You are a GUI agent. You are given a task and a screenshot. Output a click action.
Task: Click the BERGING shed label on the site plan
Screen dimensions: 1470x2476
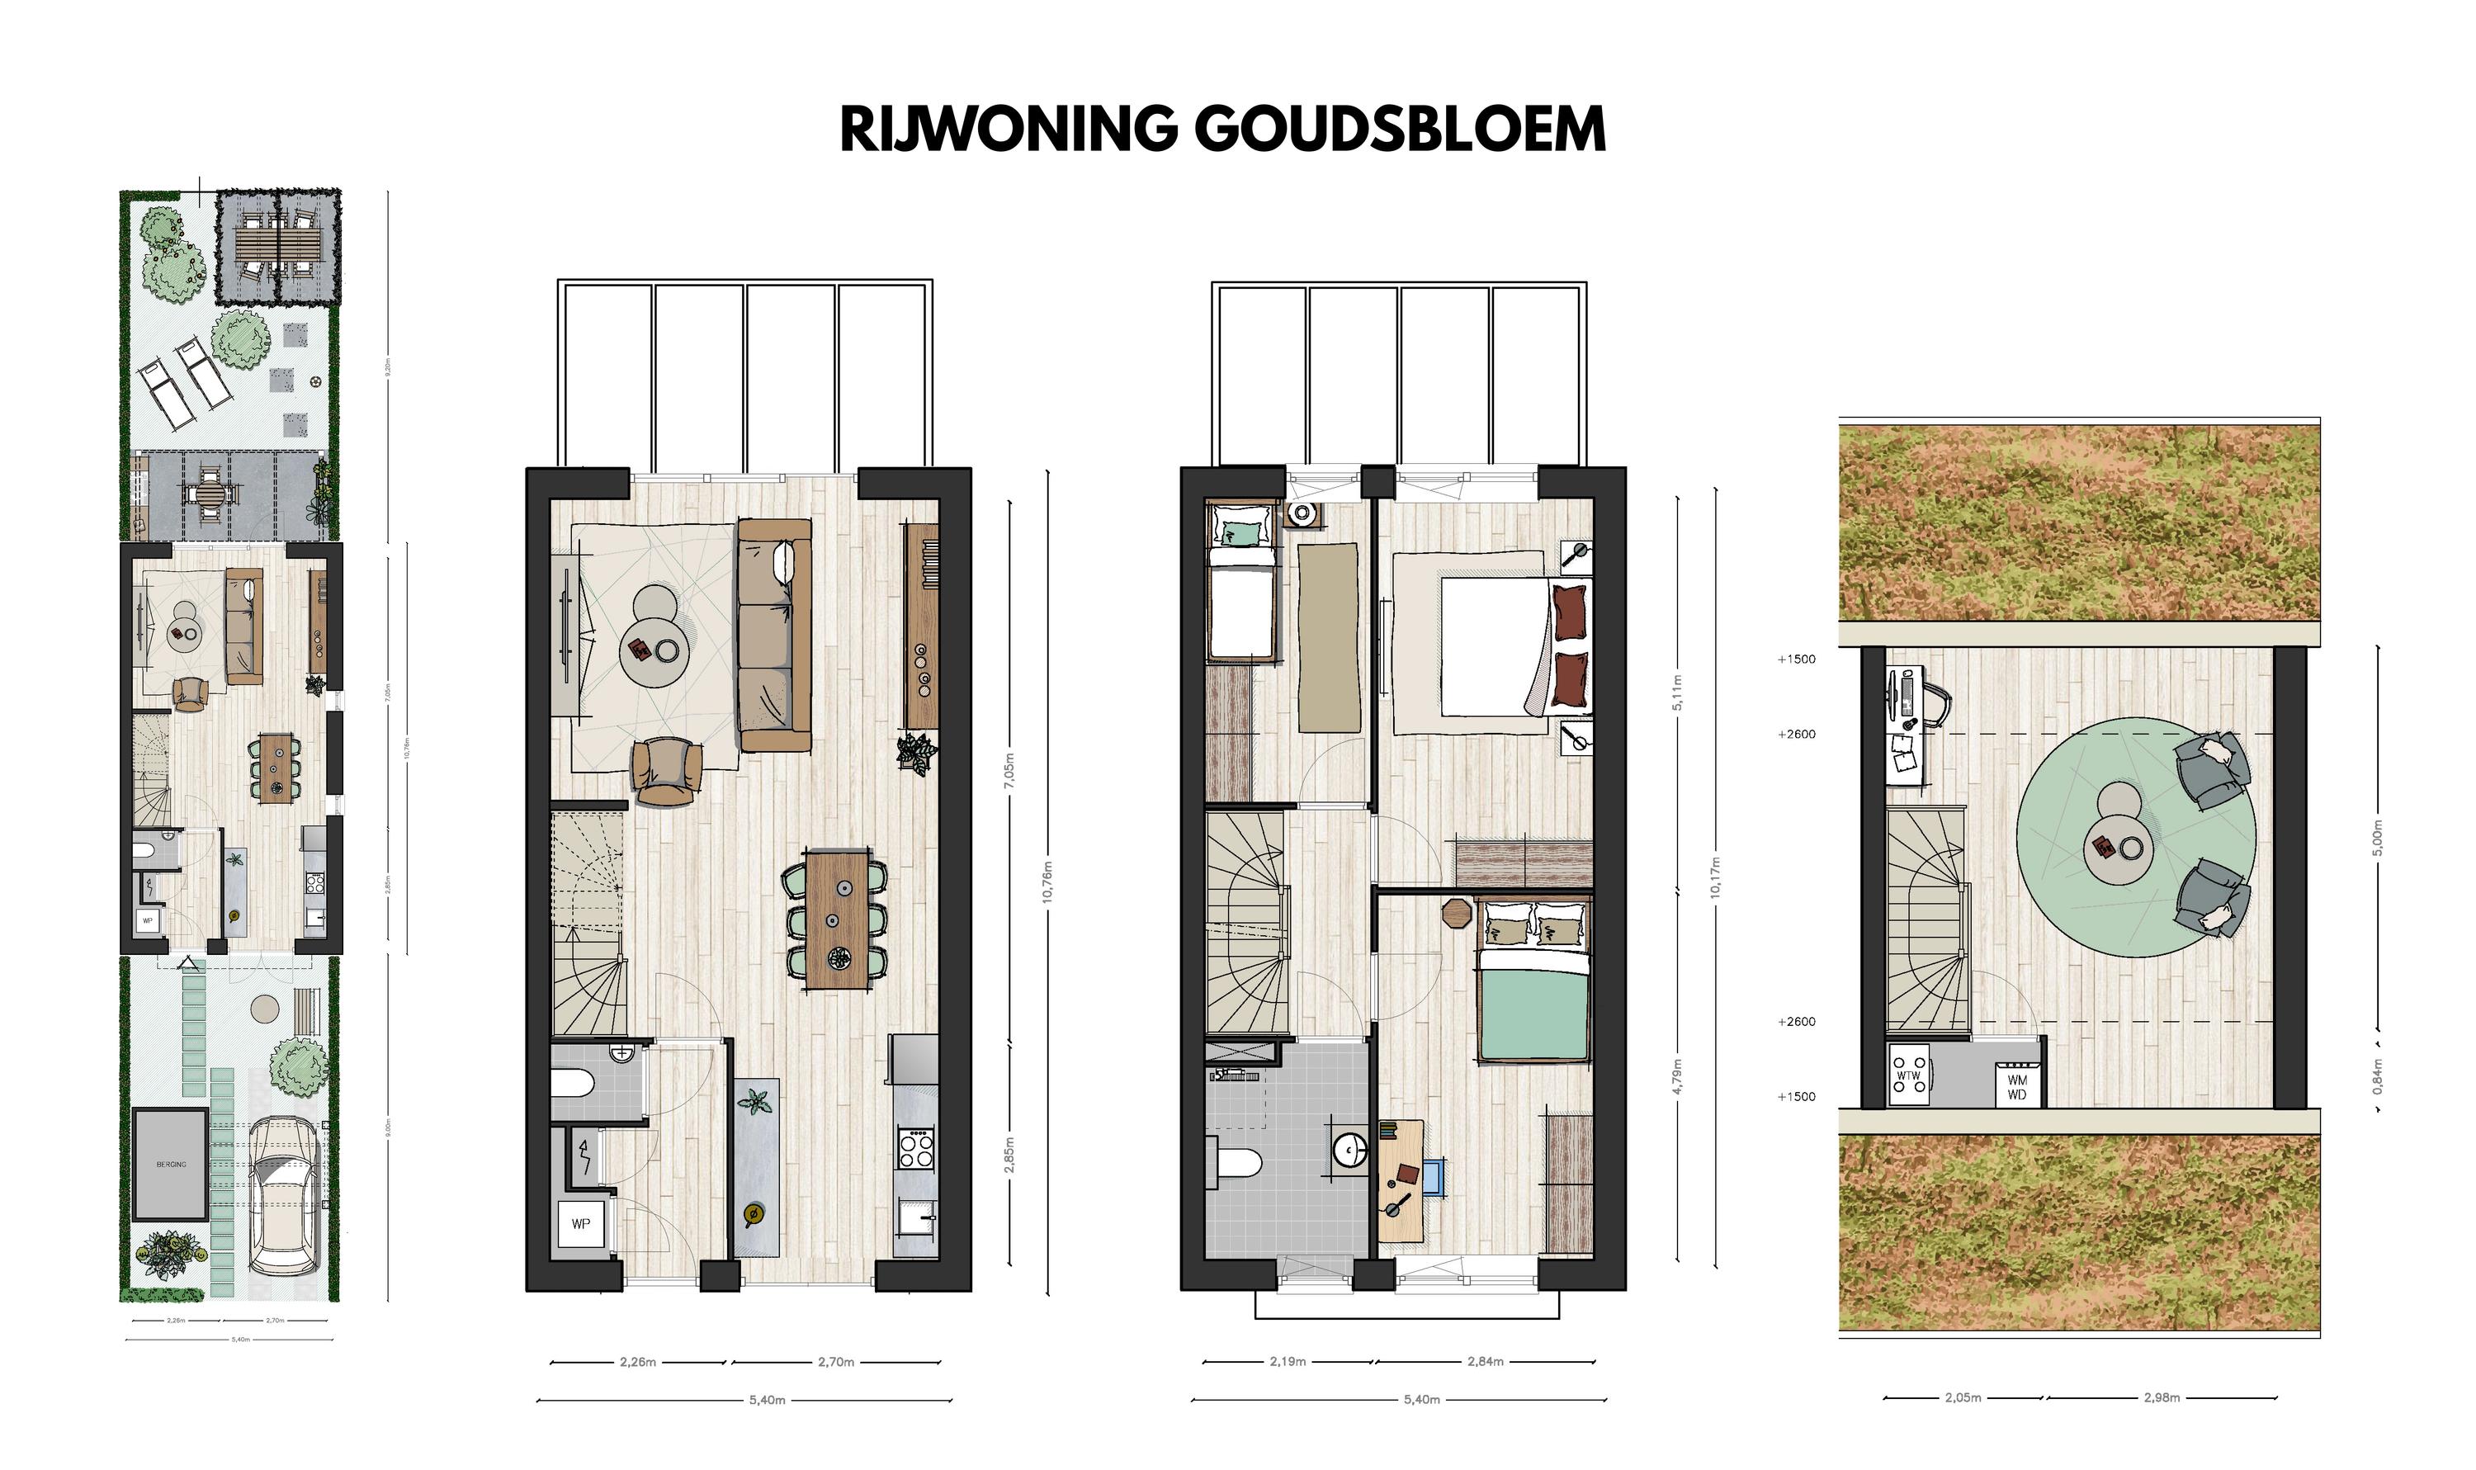coord(170,1164)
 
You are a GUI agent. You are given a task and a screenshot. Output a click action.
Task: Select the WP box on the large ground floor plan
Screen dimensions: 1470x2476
coord(581,1224)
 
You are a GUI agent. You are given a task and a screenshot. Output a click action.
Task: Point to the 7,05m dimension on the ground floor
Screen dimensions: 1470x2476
coord(1009,771)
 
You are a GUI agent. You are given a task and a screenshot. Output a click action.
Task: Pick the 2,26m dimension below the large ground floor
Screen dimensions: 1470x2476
coord(638,1362)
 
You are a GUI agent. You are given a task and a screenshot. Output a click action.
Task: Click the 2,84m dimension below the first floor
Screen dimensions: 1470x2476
coord(1485,1361)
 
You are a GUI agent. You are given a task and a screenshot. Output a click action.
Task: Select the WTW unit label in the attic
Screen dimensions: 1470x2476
coord(1907,1075)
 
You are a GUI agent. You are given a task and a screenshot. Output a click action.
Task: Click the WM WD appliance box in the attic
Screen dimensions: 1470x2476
coord(2016,1087)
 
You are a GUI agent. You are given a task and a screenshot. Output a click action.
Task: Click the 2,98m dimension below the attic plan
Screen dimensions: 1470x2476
coord(2161,1397)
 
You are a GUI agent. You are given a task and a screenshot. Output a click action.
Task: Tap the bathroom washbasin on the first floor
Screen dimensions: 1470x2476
coord(1349,1150)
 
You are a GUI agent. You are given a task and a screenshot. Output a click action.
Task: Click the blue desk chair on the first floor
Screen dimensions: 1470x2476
coord(1435,1178)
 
